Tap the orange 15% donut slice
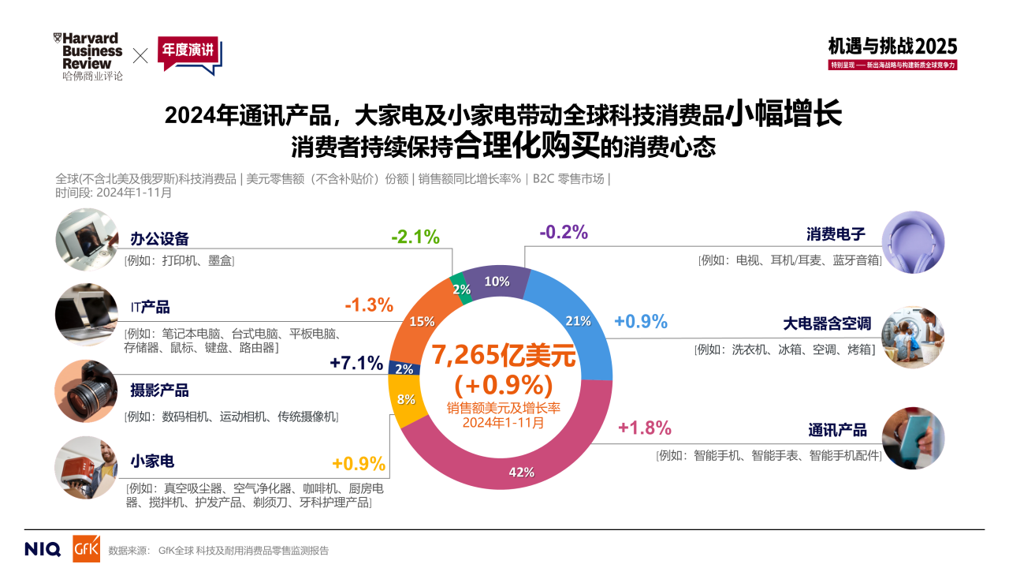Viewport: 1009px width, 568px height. click(423, 321)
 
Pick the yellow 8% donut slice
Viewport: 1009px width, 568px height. click(407, 399)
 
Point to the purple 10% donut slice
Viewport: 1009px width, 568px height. click(497, 282)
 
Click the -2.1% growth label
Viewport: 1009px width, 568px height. click(415, 237)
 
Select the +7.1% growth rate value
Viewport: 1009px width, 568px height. click(356, 363)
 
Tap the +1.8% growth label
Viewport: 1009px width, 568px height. click(644, 428)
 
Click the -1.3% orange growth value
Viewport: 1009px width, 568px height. click(368, 305)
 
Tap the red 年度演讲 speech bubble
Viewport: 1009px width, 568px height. click(189, 54)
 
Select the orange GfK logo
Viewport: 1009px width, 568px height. click(86, 549)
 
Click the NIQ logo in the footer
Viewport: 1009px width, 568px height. click(43, 549)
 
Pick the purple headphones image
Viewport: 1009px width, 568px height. click(912, 243)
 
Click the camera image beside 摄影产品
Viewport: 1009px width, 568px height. click(86, 391)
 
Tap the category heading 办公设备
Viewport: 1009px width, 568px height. click(159, 239)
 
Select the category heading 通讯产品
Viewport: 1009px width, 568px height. click(837, 430)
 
